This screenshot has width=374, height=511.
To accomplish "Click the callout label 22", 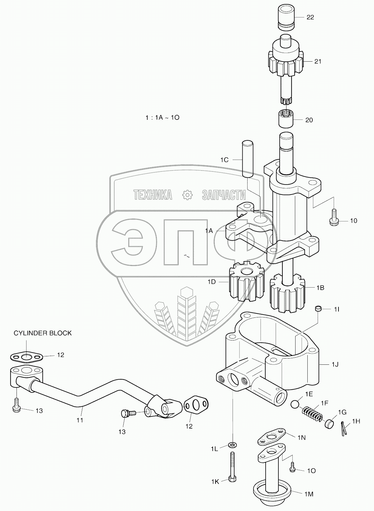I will tap(310, 17).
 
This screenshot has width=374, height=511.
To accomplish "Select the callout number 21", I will tap(318, 61).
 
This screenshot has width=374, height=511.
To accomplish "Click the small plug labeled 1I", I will tap(317, 309).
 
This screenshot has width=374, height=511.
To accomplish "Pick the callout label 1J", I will tap(335, 364).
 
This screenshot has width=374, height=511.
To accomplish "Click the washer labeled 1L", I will tap(232, 444).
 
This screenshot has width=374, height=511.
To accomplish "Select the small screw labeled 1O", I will tap(293, 466).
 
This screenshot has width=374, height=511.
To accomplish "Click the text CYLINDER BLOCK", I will tap(43, 333).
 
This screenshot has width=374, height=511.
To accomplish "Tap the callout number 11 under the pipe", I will tap(80, 420).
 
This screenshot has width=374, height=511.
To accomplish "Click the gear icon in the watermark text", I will tap(187, 195).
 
